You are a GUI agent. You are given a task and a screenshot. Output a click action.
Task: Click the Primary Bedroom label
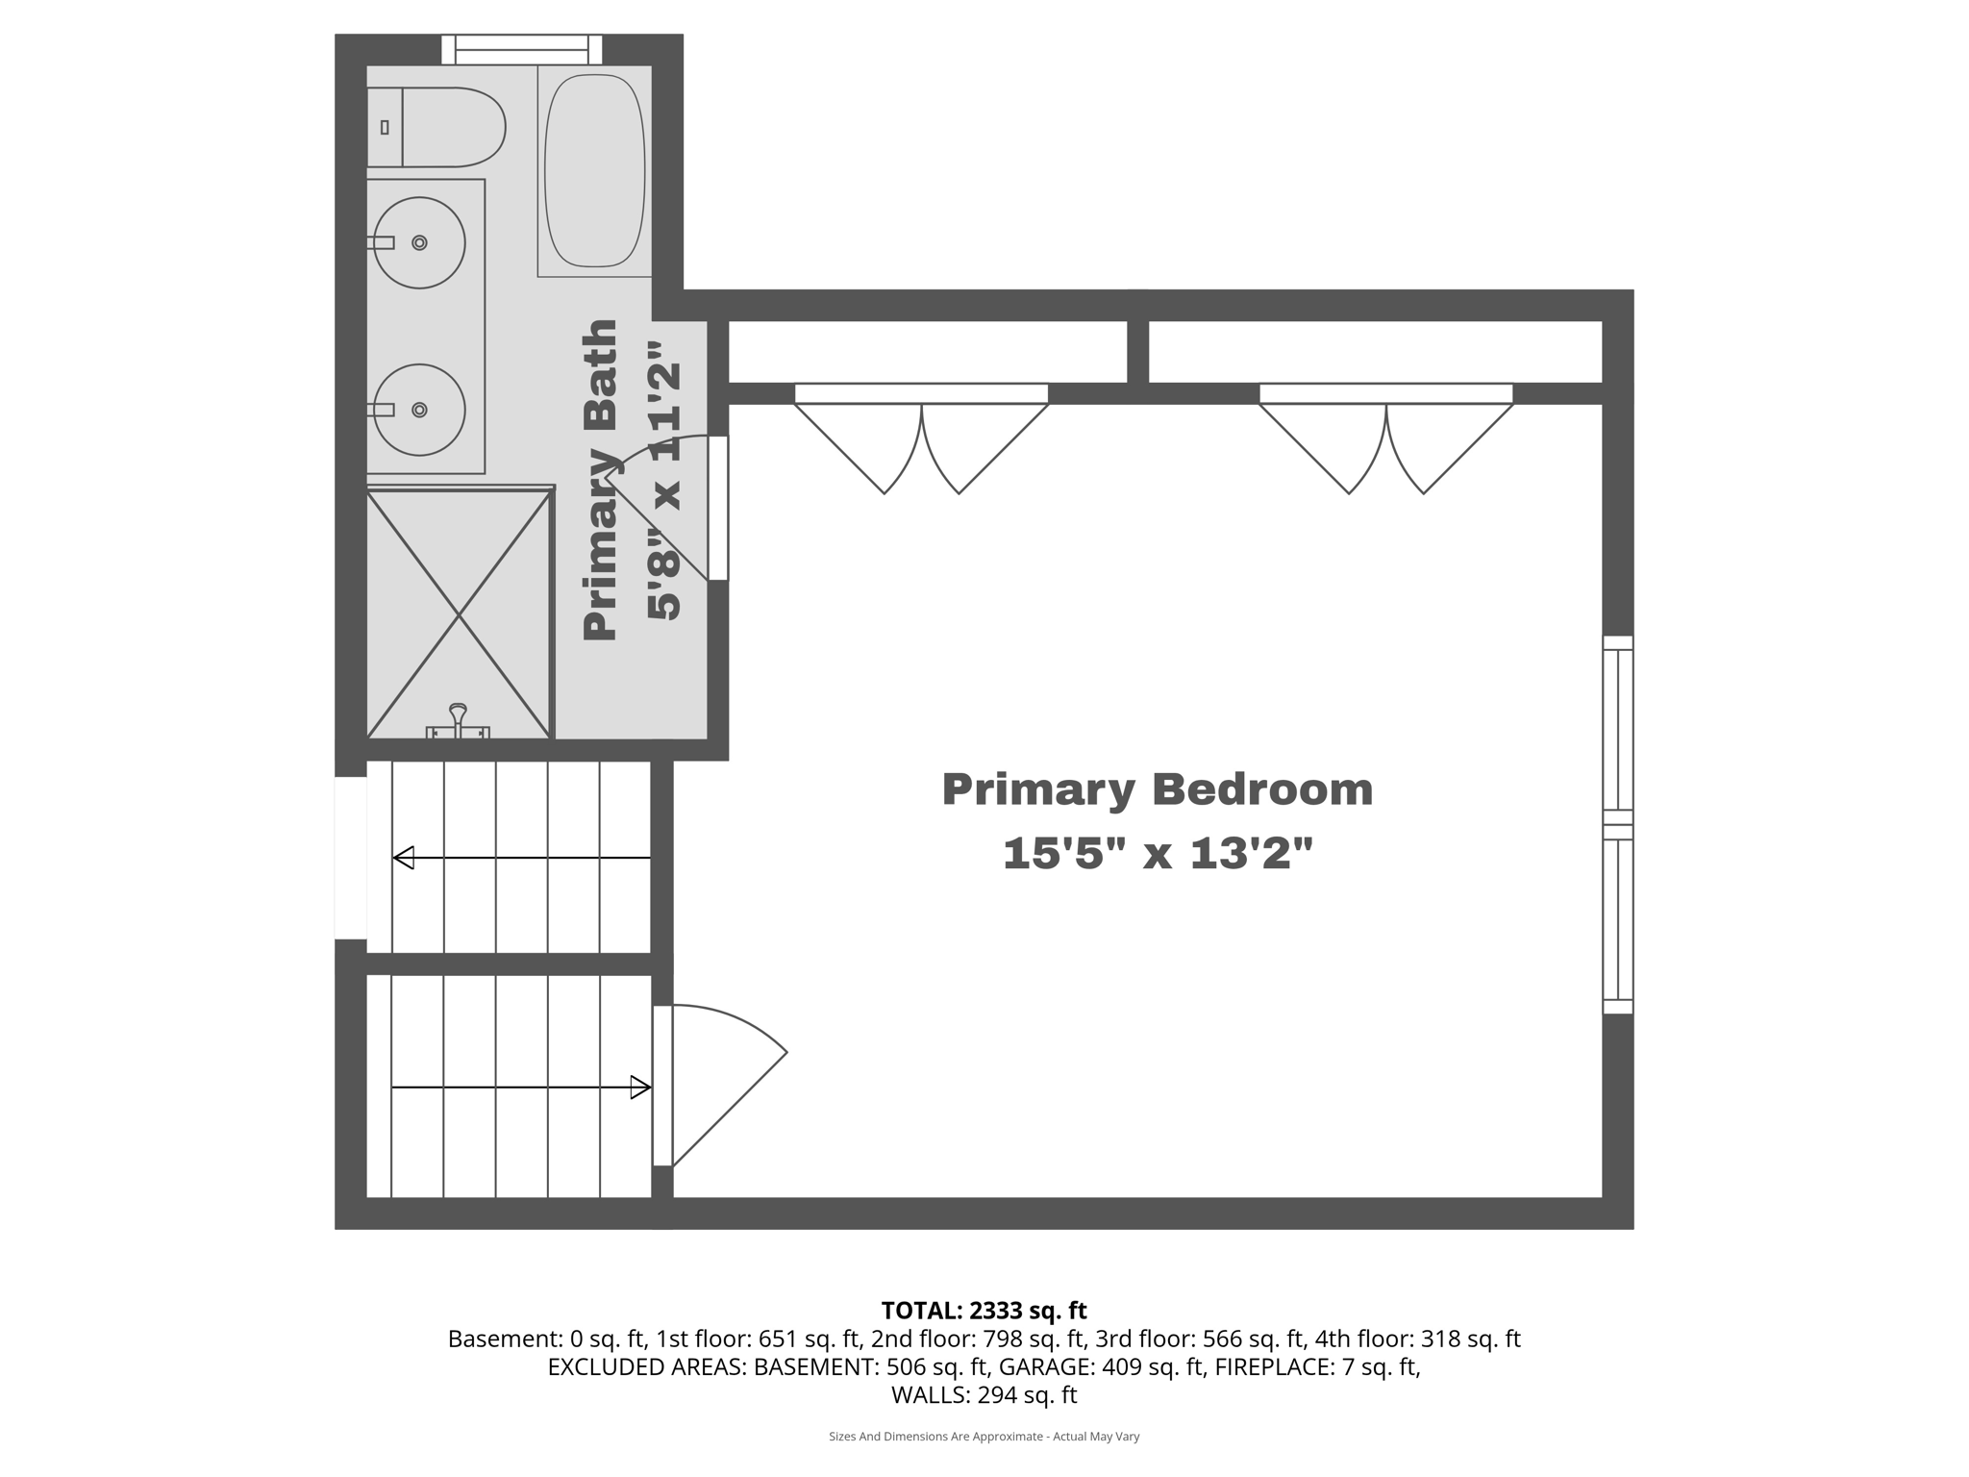click(x=1157, y=789)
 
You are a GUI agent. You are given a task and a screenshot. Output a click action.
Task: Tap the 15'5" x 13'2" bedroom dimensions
click(x=1157, y=853)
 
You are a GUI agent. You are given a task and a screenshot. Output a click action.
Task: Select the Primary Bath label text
click(x=600, y=480)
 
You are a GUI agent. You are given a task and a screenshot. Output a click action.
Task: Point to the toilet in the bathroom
click(x=437, y=127)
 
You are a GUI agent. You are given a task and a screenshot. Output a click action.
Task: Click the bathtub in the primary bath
click(x=594, y=170)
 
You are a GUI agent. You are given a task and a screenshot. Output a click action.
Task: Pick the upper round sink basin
click(x=419, y=242)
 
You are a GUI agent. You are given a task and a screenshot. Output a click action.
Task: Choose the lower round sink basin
click(x=419, y=410)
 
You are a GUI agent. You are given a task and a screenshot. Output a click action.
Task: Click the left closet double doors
click(x=921, y=442)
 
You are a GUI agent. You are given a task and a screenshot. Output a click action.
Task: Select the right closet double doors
click(x=1385, y=442)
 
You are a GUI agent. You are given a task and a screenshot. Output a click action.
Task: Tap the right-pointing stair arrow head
click(x=640, y=1088)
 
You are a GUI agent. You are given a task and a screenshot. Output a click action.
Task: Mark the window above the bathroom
click(x=521, y=48)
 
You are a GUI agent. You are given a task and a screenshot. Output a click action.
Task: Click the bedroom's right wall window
click(x=1617, y=825)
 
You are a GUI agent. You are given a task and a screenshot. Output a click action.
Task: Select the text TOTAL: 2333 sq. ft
click(x=984, y=1311)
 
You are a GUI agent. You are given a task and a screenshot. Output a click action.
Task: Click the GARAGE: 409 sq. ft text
click(x=1102, y=1366)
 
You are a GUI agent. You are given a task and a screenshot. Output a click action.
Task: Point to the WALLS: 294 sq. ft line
click(x=984, y=1394)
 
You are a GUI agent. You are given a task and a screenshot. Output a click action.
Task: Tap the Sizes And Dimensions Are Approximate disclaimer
click(x=984, y=1437)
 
